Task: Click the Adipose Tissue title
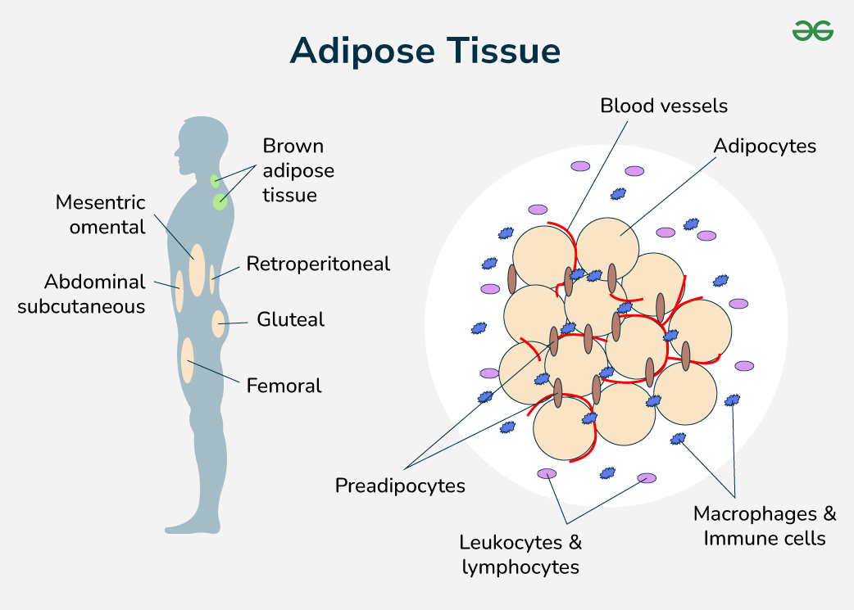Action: pos(425,51)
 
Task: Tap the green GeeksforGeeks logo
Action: pos(812,31)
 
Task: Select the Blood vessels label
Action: pos(663,106)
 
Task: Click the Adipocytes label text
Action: pos(764,146)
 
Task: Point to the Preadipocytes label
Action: pos(400,486)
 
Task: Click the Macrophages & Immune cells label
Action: pos(764,526)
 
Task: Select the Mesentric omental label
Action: pos(100,214)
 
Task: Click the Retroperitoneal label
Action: pos(318,264)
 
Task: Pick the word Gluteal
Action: pos(290,319)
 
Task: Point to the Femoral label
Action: pos(284,386)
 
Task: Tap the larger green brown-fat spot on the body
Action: pos(220,201)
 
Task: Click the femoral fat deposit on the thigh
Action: pos(188,360)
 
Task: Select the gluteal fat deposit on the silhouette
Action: pos(218,323)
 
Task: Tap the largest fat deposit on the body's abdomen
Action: pos(197,270)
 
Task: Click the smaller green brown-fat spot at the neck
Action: pos(215,180)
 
